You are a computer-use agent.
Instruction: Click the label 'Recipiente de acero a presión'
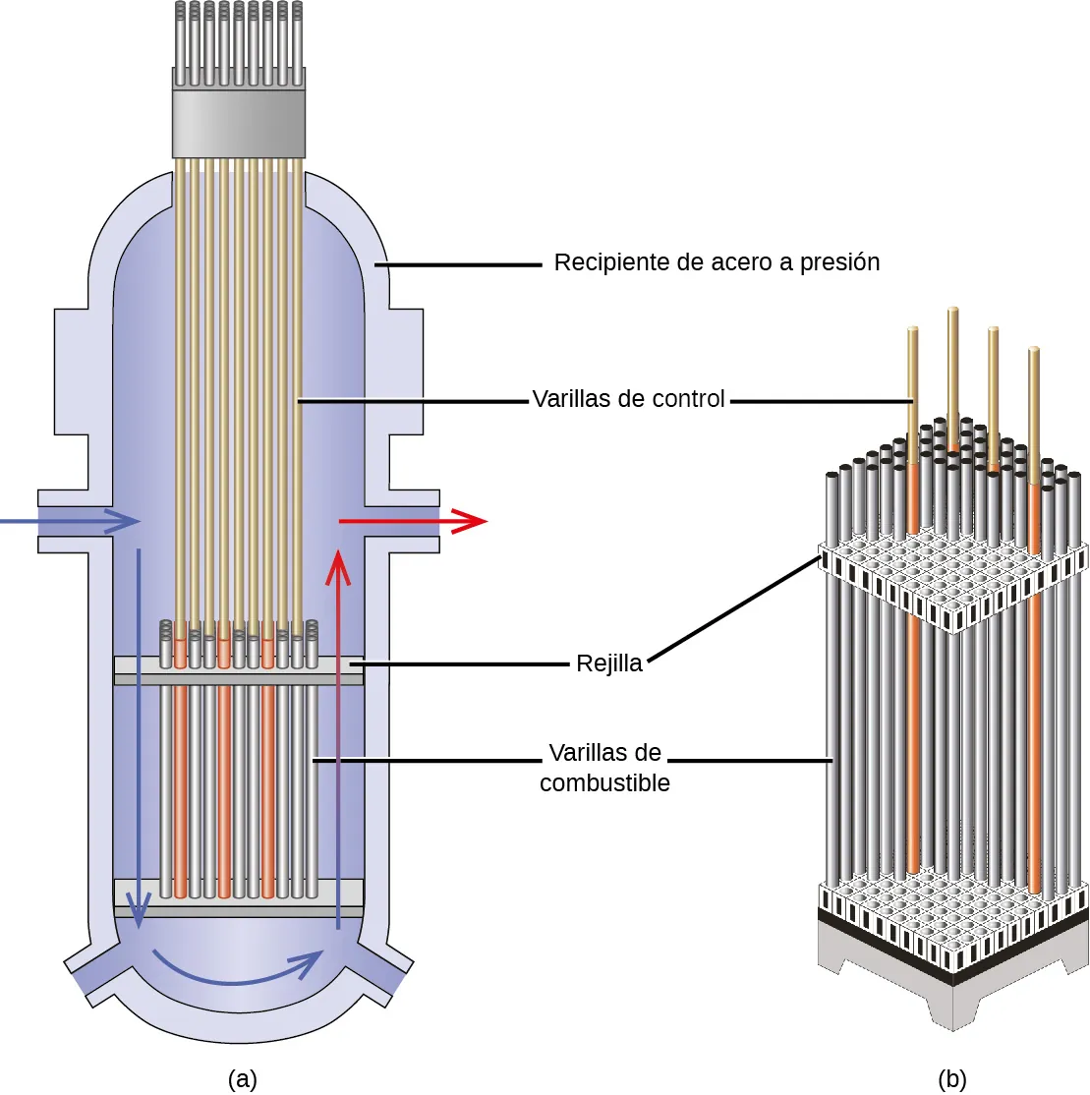click(x=717, y=262)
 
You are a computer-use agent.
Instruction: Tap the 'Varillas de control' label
click(x=628, y=399)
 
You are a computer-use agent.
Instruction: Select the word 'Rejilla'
click(x=609, y=663)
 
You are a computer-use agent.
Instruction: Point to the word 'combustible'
click(x=604, y=783)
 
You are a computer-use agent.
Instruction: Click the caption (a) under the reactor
click(x=242, y=1078)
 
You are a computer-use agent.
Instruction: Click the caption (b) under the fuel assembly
click(x=951, y=1078)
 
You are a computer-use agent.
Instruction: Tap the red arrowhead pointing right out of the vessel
click(x=472, y=521)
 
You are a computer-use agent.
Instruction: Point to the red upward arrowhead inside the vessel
click(x=338, y=563)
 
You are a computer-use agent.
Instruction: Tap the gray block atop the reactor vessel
click(x=239, y=125)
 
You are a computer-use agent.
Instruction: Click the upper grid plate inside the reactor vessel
click(x=239, y=671)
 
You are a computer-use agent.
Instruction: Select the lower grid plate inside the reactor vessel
click(x=239, y=896)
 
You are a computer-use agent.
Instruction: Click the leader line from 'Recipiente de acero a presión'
click(x=462, y=264)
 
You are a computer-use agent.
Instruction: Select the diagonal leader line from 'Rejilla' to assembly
click(x=732, y=609)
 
